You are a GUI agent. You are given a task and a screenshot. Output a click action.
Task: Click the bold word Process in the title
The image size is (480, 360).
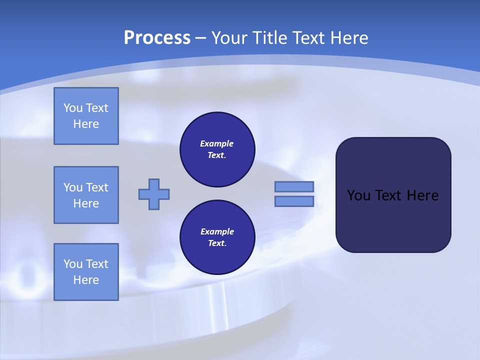pyautogui.click(x=157, y=38)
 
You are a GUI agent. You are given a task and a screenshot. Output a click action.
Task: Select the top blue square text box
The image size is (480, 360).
pyautogui.click(x=86, y=116)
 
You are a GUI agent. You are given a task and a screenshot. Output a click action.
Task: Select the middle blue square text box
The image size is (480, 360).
pyautogui.click(x=86, y=195)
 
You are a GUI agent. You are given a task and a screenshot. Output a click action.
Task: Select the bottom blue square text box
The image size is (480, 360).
pyautogui.click(x=86, y=272)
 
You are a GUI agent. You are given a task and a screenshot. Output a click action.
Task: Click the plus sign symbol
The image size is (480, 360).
pyautogui.click(x=154, y=194)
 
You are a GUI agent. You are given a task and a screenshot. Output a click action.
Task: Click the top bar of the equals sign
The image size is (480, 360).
pyautogui.click(x=294, y=186)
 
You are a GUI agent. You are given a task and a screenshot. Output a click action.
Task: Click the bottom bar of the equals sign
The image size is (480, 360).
pyautogui.click(x=294, y=201)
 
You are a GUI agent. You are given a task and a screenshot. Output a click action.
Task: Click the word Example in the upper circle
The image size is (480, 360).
pyautogui.click(x=217, y=143)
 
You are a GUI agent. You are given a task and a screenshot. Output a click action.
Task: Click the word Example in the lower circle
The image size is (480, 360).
pyautogui.click(x=217, y=231)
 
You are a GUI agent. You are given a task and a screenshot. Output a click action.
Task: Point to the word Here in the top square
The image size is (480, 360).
pyautogui.click(x=86, y=124)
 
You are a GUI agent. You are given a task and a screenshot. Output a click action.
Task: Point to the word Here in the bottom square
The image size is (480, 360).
pyautogui.click(x=86, y=280)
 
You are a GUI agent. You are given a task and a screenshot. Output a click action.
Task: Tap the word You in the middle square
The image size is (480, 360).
pyautogui.click(x=73, y=187)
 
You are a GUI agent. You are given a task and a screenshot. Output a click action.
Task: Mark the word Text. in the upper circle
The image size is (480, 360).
pyautogui.click(x=217, y=155)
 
